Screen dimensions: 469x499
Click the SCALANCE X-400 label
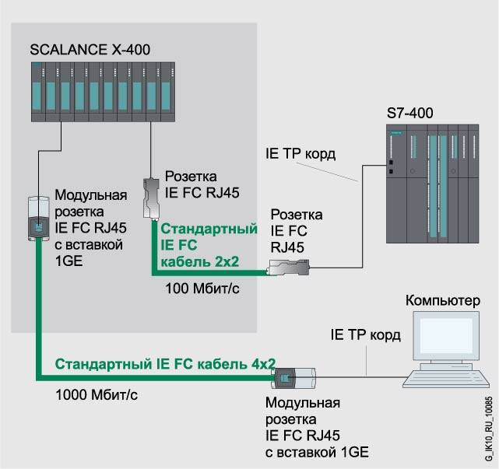90,51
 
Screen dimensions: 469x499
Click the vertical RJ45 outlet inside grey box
151,195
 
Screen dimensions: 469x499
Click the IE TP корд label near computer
364,335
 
